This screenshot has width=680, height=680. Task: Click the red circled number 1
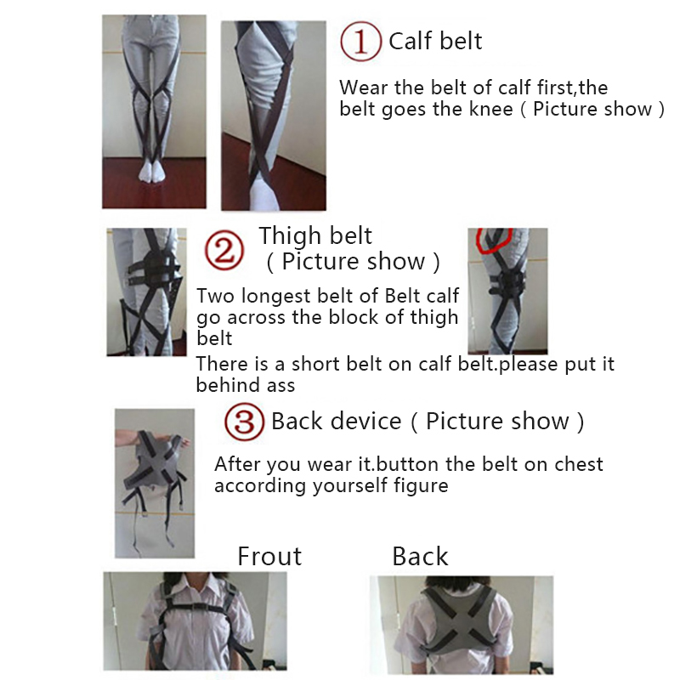[x=360, y=41]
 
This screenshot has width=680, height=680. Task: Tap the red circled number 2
[x=224, y=251]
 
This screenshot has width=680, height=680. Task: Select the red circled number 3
[x=244, y=422]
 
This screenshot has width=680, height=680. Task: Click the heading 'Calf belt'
[x=435, y=41]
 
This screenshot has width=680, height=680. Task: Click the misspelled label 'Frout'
[x=269, y=556]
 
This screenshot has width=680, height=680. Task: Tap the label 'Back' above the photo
[x=420, y=556]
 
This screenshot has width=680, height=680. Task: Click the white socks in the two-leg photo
[x=152, y=172]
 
